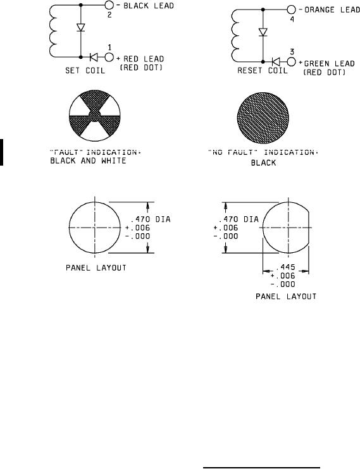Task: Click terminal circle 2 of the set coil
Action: tap(109, 5)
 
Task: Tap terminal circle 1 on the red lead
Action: tap(109, 57)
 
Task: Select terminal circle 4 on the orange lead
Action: tap(291, 9)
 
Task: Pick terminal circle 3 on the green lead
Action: tap(291, 61)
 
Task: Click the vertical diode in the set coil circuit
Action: tap(80, 28)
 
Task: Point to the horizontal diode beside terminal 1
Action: tap(94, 57)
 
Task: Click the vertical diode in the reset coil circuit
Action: tap(263, 32)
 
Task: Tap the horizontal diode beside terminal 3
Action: tap(276, 61)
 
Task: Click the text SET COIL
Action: tap(85, 71)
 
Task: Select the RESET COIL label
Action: tap(263, 71)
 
